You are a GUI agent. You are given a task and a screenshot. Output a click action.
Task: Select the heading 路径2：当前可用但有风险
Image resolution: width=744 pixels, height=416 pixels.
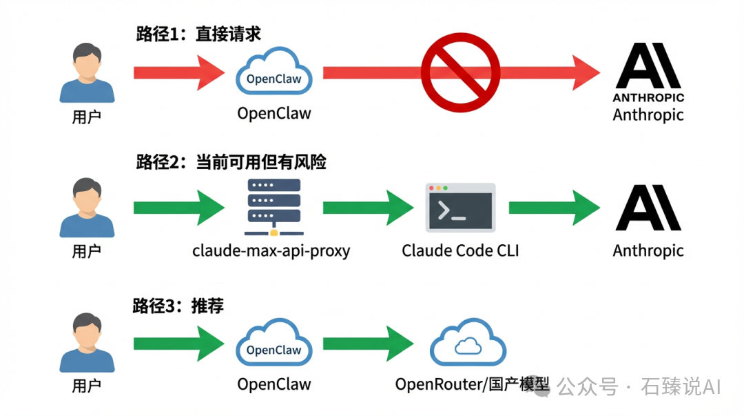[x=231, y=162]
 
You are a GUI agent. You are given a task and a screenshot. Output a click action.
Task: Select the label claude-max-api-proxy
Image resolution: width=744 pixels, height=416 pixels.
[x=271, y=250]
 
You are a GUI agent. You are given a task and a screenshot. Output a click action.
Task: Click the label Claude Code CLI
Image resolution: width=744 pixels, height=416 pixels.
[x=460, y=250]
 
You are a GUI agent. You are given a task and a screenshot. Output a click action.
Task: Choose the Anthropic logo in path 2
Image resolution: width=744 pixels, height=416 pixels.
[x=648, y=207]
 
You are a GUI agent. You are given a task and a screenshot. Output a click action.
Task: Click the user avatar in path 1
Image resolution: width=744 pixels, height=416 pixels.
[x=87, y=72]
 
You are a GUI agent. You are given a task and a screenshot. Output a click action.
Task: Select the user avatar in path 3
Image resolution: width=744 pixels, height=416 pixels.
[x=87, y=343]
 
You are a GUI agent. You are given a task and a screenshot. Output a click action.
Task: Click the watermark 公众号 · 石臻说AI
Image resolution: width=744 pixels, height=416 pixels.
[x=638, y=386]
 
